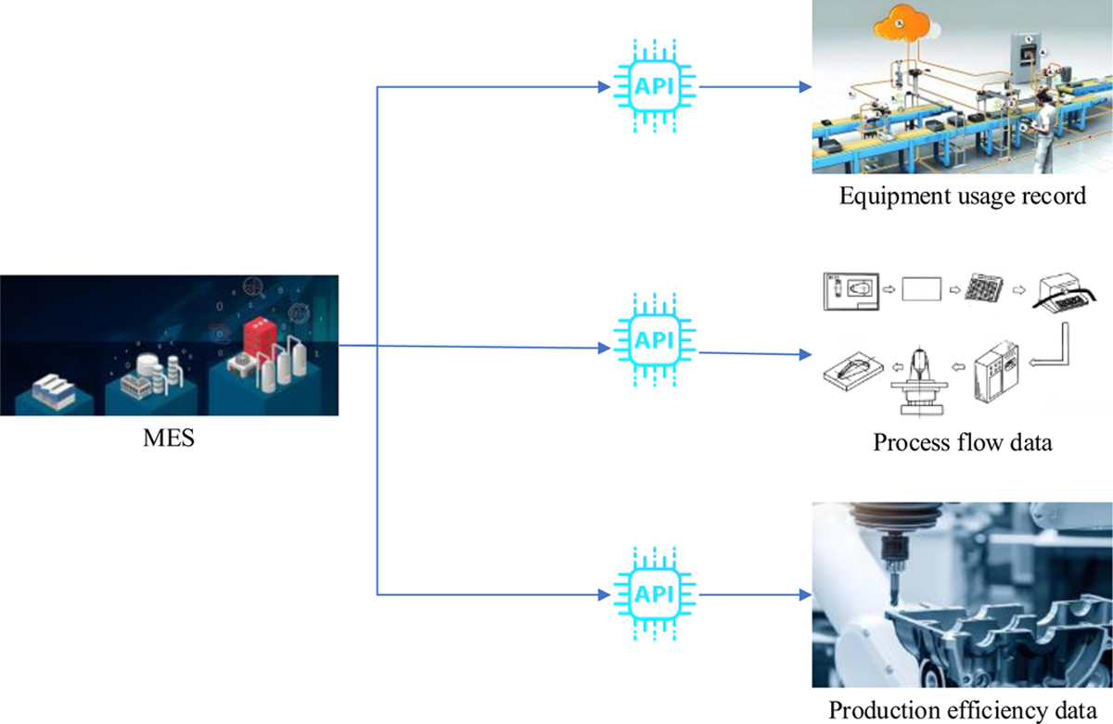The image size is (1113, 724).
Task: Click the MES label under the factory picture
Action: tap(169, 436)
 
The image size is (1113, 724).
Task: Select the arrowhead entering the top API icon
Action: tap(606, 88)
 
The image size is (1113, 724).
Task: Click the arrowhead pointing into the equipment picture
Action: tap(805, 89)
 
